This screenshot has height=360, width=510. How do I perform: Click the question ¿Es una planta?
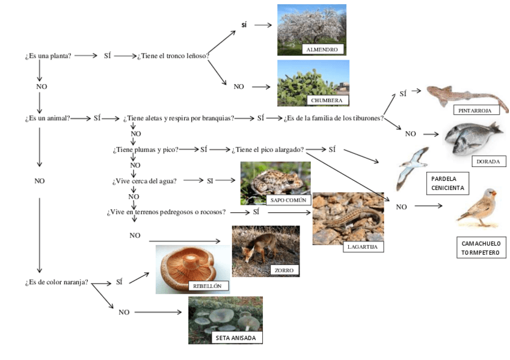48,56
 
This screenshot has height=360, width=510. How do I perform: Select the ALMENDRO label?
322,49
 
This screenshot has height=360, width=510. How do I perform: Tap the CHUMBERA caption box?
327,100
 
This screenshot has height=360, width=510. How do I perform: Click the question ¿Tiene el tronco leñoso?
173,56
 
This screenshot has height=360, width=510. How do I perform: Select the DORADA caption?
488,161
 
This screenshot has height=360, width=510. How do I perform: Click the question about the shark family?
334,118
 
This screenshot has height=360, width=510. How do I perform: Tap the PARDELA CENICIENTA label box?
447,183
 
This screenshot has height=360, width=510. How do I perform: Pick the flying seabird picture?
412,167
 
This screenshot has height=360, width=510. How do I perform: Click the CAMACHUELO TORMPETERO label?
481,248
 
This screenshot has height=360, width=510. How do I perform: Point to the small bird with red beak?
479,207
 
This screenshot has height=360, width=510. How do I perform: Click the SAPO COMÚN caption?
288,200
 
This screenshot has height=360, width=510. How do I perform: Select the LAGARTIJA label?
363,246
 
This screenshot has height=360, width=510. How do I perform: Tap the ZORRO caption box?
284,270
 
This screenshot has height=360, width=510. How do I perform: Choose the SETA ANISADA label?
236,338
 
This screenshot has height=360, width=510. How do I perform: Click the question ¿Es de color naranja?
57,282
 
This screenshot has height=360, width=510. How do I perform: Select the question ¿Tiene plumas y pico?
146,150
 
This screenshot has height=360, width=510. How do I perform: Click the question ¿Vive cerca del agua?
144,180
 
